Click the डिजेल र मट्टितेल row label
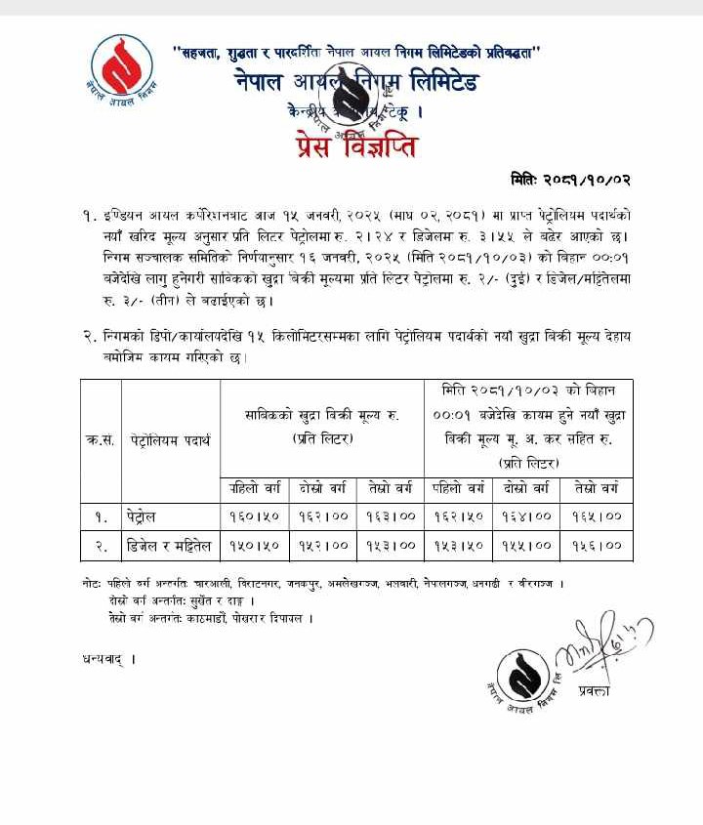(x=171, y=547)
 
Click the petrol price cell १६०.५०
(x=255, y=516)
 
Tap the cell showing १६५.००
(x=597, y=516)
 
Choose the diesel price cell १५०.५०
(x=255, y=547)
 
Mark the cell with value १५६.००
(x=597, y=547)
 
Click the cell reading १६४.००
(x=527, y=516)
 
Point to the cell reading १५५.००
(x=527, y=547)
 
